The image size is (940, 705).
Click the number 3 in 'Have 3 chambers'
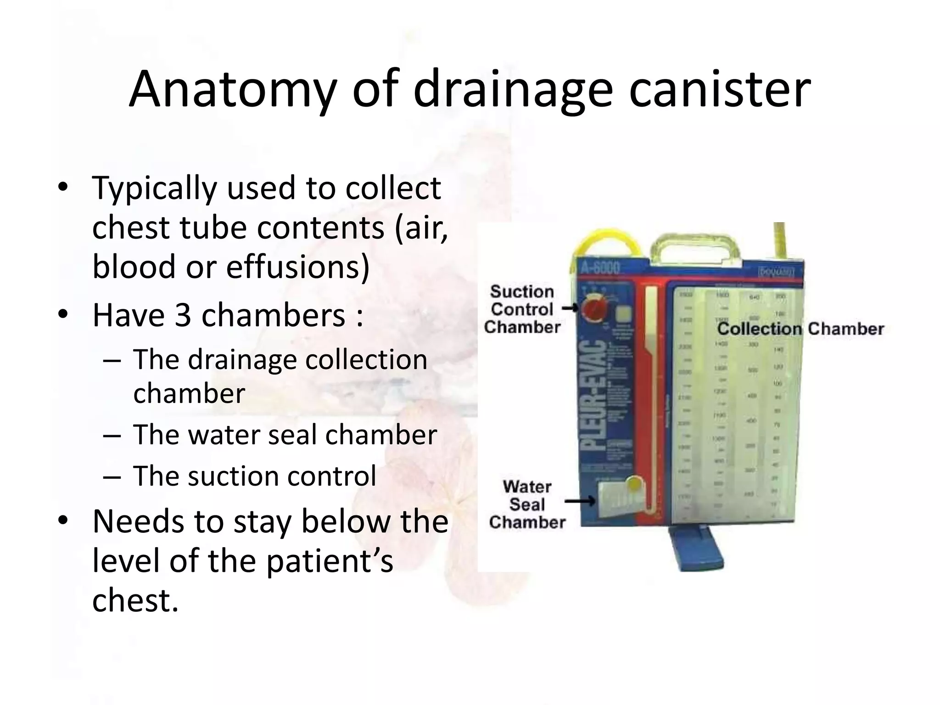point(182,316)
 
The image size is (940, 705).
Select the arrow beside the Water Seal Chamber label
point(580,502)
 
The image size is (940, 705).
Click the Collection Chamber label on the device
point(800,329)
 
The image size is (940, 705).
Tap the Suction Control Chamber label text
point(522,309)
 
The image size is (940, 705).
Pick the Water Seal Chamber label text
point(527,504)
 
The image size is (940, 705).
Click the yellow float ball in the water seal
point(634,483)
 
